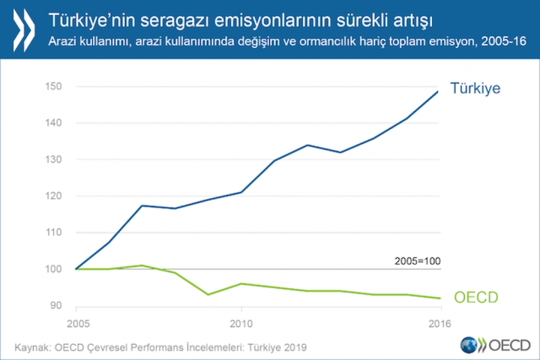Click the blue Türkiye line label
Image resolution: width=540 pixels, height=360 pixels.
tap(476, 88)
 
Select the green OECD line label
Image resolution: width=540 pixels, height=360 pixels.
tap(476, 297)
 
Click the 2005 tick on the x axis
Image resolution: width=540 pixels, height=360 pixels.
tap(76, 325)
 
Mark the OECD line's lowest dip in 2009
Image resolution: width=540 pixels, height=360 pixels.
tap(208, 294)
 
